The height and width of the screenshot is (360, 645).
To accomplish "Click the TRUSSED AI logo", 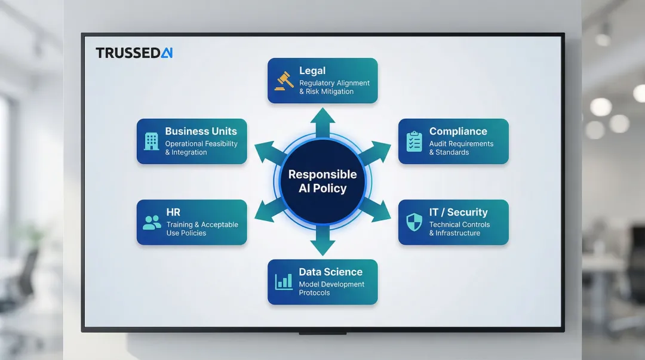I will coord(134,53).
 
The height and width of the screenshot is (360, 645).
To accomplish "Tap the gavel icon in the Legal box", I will coord(284,81).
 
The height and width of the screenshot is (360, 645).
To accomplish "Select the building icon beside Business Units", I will coord(152,141).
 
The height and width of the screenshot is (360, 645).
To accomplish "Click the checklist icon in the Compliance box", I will coord(414,141).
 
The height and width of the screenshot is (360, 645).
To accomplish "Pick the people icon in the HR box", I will coord(152,223).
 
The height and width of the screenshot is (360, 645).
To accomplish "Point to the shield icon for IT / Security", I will coord(414,222).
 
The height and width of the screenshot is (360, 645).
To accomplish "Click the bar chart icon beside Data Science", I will coord(284,281).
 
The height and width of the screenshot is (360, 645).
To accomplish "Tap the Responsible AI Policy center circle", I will coord(322,181).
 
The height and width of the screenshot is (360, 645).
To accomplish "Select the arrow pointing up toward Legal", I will coord(322,122).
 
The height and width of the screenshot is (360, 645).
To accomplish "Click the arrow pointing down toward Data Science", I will coord(322,240).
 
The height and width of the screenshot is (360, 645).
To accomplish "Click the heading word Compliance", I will coord(458,131).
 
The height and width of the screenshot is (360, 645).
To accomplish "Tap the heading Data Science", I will coord(330,272).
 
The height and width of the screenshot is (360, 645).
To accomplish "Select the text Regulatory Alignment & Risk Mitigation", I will coord(334,87).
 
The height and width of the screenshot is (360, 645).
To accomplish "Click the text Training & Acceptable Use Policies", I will coord(202,229).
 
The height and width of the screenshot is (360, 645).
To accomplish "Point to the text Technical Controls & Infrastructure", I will coord(459,229).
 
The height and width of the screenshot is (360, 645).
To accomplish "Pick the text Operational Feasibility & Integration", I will coord(201,148).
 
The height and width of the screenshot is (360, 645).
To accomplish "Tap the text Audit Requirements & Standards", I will coord(461,148).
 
